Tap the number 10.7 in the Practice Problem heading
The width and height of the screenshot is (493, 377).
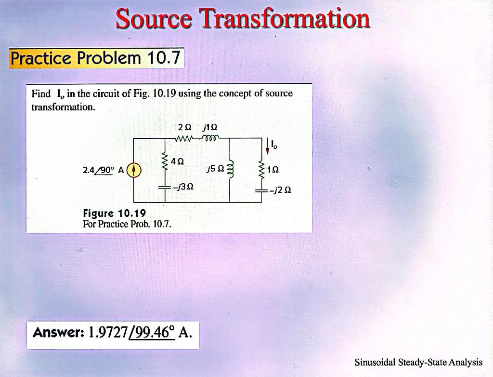coord(164,58)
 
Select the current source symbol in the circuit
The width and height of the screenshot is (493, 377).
coord(134,170)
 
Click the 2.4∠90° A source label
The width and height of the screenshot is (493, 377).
coord(103,170)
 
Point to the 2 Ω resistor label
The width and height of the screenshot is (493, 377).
coord(184,127)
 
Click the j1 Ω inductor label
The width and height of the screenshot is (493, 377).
coord(210,127)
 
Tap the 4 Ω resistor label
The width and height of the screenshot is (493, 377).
coord(177,161)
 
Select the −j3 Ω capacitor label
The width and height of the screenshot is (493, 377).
coord(183,187)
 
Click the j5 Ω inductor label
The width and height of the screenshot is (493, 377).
coord(214,169)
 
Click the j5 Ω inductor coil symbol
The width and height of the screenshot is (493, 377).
coord(230,169)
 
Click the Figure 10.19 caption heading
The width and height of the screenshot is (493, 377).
coord(114,213)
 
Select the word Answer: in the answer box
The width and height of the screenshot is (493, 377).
coord(58,332)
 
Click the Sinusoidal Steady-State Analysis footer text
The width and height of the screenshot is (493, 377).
coord(418,362)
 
